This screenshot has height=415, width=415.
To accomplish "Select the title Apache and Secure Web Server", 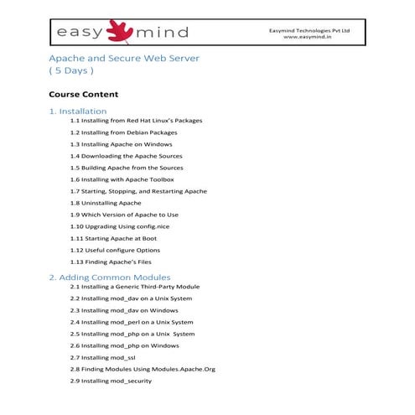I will tap(125, 59).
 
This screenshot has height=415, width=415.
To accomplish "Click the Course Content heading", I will tap(84, 94).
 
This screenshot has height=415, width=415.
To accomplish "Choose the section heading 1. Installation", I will tap(78, 111).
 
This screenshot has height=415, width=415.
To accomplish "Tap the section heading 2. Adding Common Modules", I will tap(110, 277).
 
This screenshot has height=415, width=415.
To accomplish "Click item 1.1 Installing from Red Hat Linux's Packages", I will tap(136, 121).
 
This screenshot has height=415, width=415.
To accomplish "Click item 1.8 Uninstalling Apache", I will tap(106, 203).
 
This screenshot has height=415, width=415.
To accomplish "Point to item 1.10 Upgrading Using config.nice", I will tap(124, 226).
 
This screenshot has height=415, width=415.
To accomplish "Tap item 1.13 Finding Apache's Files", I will tap(115, 262).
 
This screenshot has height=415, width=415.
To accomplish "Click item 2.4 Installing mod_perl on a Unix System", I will tap(132, 322).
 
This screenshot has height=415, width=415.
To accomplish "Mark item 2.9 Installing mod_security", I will tap(111, 381).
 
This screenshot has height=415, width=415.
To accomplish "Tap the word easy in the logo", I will tap(80, 33).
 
